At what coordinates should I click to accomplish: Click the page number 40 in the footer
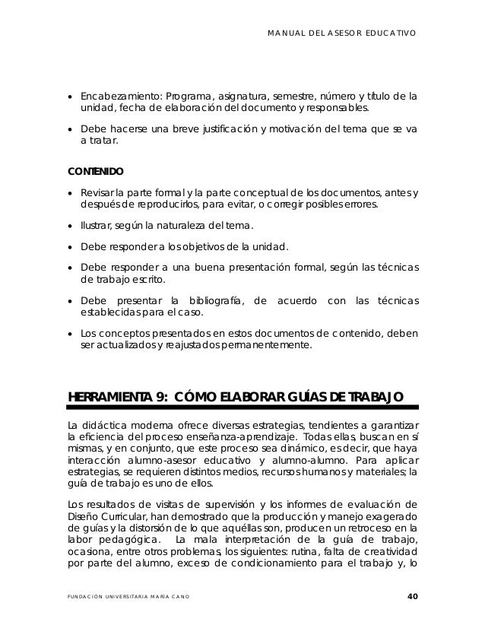[x=413, y=595]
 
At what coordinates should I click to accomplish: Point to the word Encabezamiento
[x=113, y=96]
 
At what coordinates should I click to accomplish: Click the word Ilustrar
[x=95, y=226]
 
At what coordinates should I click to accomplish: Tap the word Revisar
[x=97, y=191]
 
